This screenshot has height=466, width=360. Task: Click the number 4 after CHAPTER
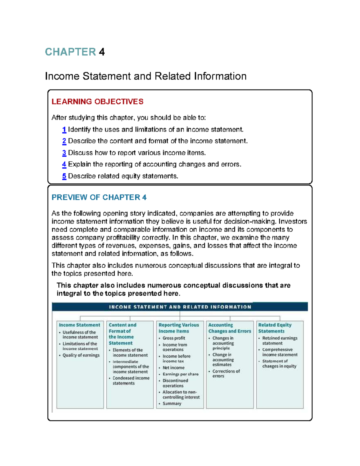coord(102,52)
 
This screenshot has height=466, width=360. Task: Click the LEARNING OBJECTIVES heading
coord(97,102)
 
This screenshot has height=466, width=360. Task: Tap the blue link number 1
coord(64,130)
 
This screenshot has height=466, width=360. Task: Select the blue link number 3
coord(64,153)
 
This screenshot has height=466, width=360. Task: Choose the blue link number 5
coord(64,176)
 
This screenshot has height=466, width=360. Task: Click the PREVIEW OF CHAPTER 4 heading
coord(99,197)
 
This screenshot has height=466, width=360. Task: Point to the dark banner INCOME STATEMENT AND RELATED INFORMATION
coord(180,307)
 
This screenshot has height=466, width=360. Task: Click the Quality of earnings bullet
coord(81,355)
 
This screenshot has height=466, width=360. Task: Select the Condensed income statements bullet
coord(131,380)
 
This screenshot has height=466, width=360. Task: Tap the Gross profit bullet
coord(174,338)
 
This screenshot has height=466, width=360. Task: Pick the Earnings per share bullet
coord(180,374)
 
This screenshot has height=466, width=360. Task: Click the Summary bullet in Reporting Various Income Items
coord(172,404)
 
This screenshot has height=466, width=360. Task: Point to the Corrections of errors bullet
coord(226,374)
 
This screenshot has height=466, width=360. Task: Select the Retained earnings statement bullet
coord(280,341)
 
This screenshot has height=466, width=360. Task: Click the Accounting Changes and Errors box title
coord(229,328)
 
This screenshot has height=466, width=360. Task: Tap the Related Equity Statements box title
coord(274,328)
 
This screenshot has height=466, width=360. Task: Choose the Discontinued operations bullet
coord(175,383)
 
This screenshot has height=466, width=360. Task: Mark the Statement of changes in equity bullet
coord(279,364)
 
